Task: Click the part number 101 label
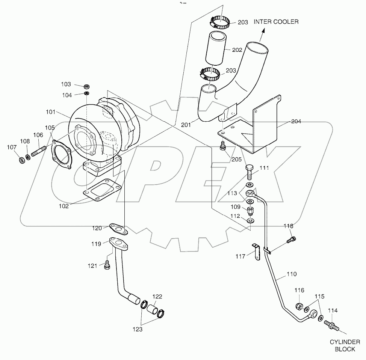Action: (50, 112)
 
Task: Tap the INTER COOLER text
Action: (276, 22)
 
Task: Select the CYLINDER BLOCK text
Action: (345, 345)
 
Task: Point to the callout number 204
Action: (296, 122)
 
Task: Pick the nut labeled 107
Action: (22, 161)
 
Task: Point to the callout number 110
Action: (291, 274)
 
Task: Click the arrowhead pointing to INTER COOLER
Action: (262, 33)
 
